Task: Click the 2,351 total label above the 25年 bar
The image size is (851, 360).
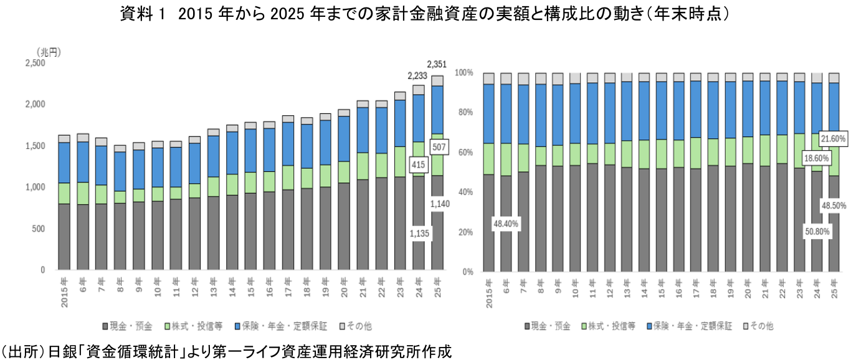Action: [437, 64]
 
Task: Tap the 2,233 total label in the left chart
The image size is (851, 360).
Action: [418, 76]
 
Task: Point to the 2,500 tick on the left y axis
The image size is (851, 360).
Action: [35, 64]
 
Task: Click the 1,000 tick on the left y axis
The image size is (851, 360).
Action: [35, 187]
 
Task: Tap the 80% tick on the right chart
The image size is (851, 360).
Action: [464, 113]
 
